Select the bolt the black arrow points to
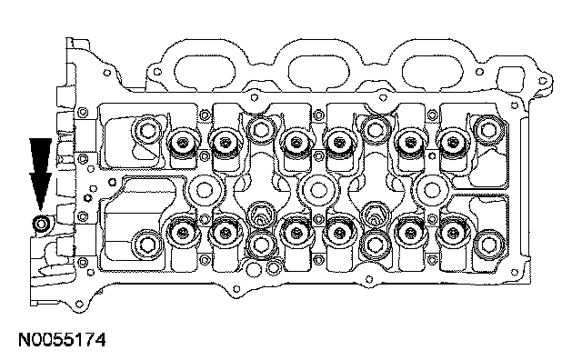(41, 224)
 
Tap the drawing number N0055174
(62, 340)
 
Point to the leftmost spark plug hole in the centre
(204, 190)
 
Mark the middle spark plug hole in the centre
(317, 190)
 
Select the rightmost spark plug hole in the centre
(432, 190)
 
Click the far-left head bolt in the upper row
(147, 130)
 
